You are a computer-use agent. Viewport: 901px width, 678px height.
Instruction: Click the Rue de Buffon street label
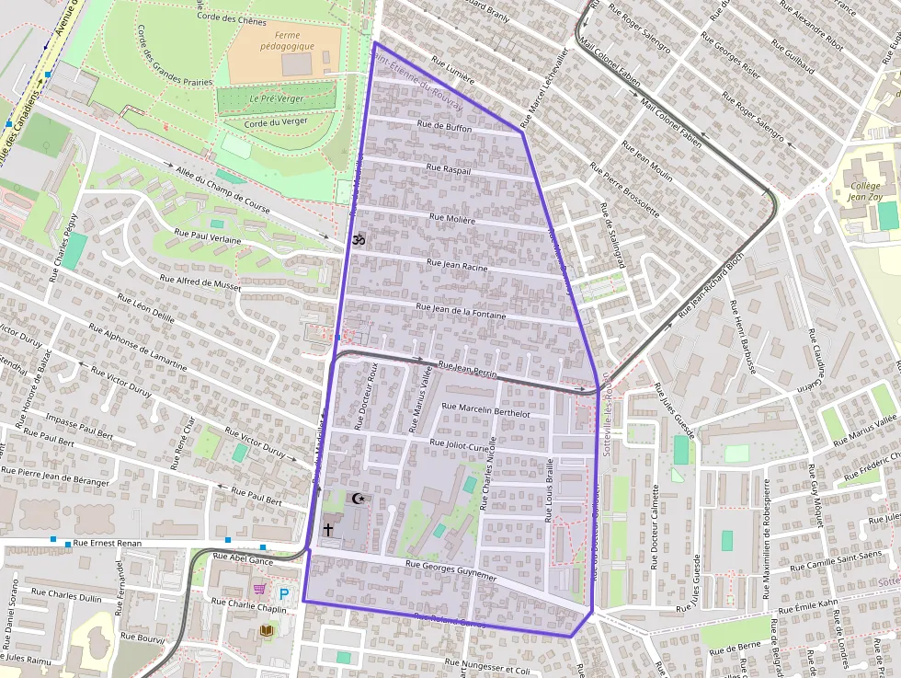click(x=444, y=129)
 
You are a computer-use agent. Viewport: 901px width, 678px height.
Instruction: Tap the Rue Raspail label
click(x=449, y=171)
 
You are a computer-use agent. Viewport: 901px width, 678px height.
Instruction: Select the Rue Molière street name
click(x=452, y=220)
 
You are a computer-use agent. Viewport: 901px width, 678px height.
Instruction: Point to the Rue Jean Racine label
click(x=457, y=264)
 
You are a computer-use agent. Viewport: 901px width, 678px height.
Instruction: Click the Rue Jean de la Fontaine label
click(x=461, y=308)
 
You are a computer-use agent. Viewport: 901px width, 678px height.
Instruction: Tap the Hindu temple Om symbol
click(x=359, y=239)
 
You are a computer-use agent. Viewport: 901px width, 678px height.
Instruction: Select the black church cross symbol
click(x=328, y=530)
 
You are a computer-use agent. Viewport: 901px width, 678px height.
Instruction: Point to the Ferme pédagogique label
click(x=288, y=40)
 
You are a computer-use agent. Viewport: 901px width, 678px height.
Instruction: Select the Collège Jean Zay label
click(x=865, y=191)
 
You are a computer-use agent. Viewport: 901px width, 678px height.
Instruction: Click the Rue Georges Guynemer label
click(x=450, y=569)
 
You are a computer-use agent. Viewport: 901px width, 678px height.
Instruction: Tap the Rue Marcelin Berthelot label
click(x=485, y=414)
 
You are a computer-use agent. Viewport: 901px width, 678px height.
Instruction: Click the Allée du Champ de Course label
click(x=222, y=188)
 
